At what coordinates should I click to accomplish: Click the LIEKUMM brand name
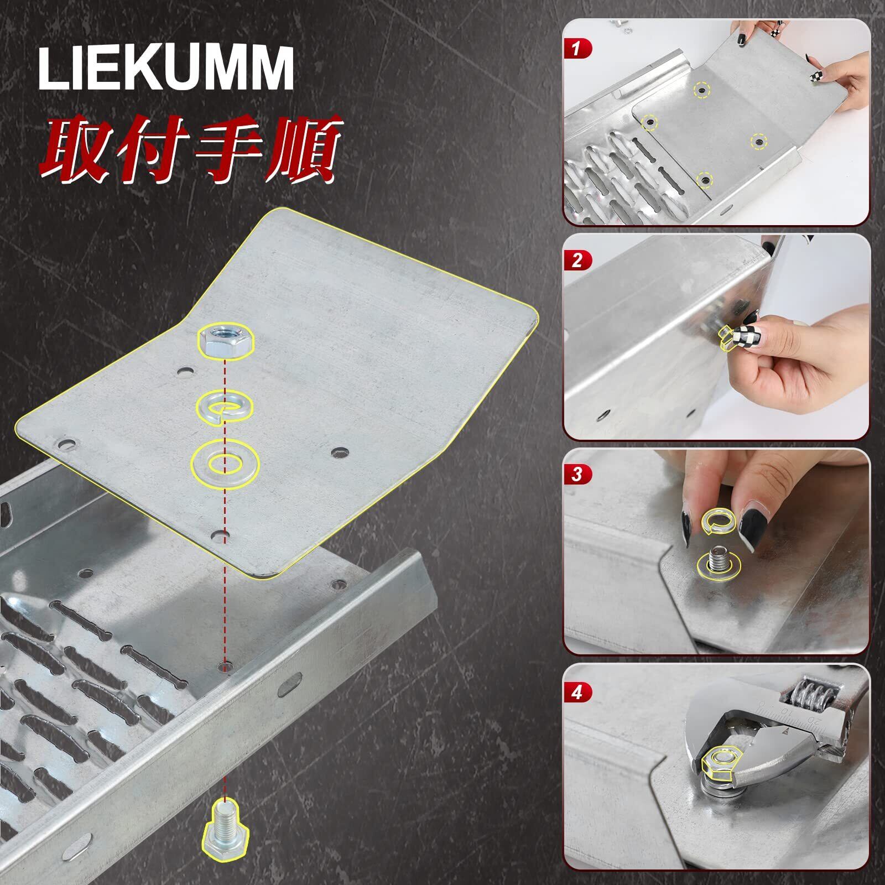coord(165,69)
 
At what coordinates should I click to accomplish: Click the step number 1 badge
coord(577,49)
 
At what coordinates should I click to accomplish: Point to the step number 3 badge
coord(577,474)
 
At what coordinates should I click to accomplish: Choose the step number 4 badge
coord(577,692)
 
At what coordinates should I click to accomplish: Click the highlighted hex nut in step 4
coord(717,763)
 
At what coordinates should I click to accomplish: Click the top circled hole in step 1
coord(701,90)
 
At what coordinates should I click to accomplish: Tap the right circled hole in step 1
coord(758,142)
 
